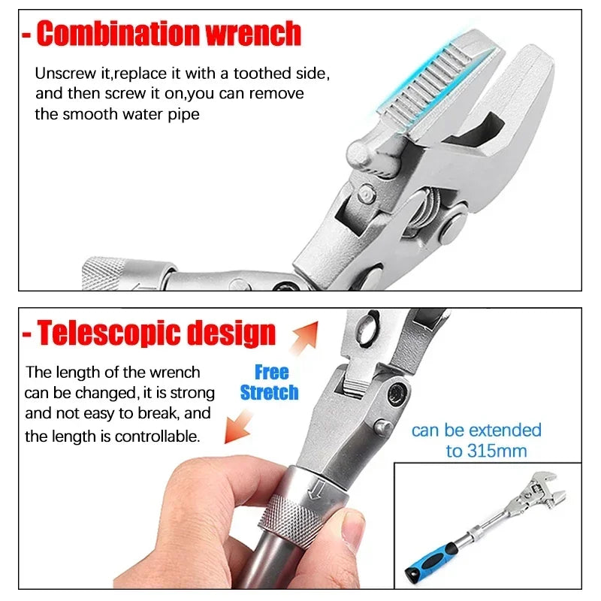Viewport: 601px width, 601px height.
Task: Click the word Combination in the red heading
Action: coord(119,34)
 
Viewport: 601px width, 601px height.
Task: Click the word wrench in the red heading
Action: coord(253,35)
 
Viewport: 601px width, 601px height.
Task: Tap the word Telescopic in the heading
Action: coord(108,334)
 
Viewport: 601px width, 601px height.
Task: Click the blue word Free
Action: coord(272,372)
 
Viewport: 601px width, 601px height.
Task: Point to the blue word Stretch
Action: coord(269,392)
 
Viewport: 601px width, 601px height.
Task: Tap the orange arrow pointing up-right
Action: coord(306,337)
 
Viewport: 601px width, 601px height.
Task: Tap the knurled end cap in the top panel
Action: coord(103,273)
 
